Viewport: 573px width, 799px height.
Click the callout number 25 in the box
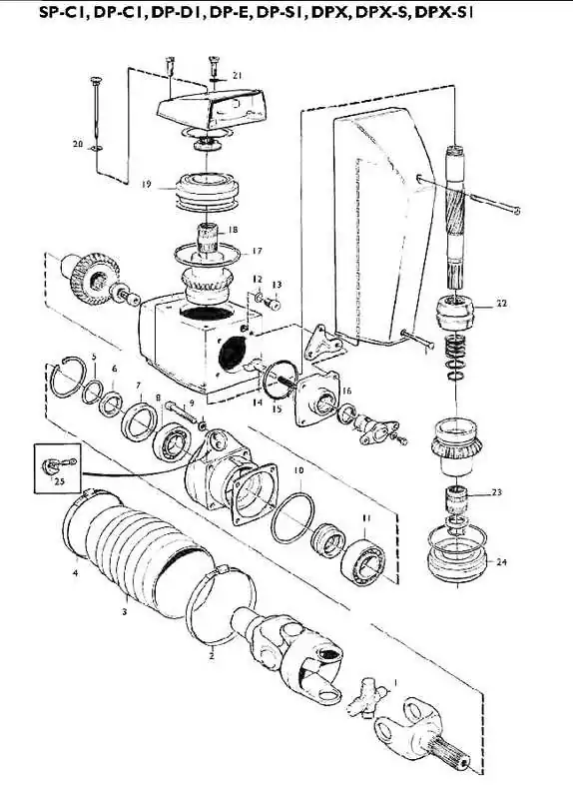pyautogui.click(x=59, y=481)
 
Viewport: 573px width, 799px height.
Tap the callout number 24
pyautogui.click(x=502, y=562)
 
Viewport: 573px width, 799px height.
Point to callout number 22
pyautogui.click(x=502, y=304)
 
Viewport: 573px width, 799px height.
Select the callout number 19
pyautogui.click(x=147, y=185)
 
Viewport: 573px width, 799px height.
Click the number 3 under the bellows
pyautogui.click(x=124, y=611)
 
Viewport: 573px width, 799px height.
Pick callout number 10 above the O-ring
pyautogui.click(x=298, y=469)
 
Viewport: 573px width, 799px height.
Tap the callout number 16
pyautogui.click(x=346, y=391)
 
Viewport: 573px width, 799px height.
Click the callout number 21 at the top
pyautogui.click(x=237, y=76)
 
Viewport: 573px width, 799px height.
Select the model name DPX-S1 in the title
pyautogui.click(x=444, y=13)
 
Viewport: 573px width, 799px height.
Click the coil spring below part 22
pyautogui.click(x=455, y=348)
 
